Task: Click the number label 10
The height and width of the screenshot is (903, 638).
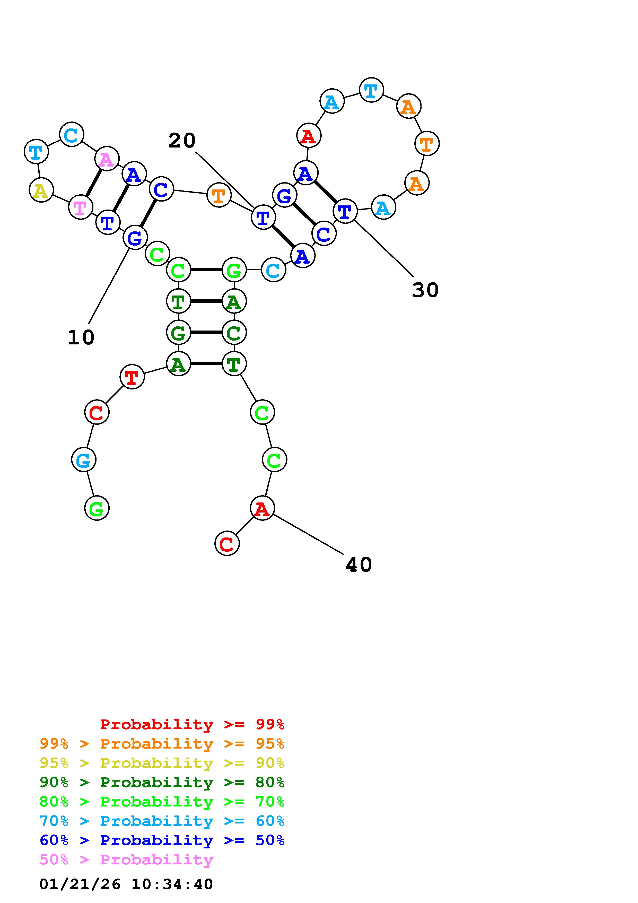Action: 81,337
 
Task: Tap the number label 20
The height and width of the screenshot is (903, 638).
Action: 182,140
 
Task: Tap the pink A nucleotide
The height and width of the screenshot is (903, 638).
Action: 107,159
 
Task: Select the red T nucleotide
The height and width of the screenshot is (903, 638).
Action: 132,377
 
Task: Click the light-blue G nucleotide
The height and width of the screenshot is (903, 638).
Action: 84,460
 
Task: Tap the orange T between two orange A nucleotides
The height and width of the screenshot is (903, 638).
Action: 427,144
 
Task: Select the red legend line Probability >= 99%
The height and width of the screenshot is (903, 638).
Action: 192,724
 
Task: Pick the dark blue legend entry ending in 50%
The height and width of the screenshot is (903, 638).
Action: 162,840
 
